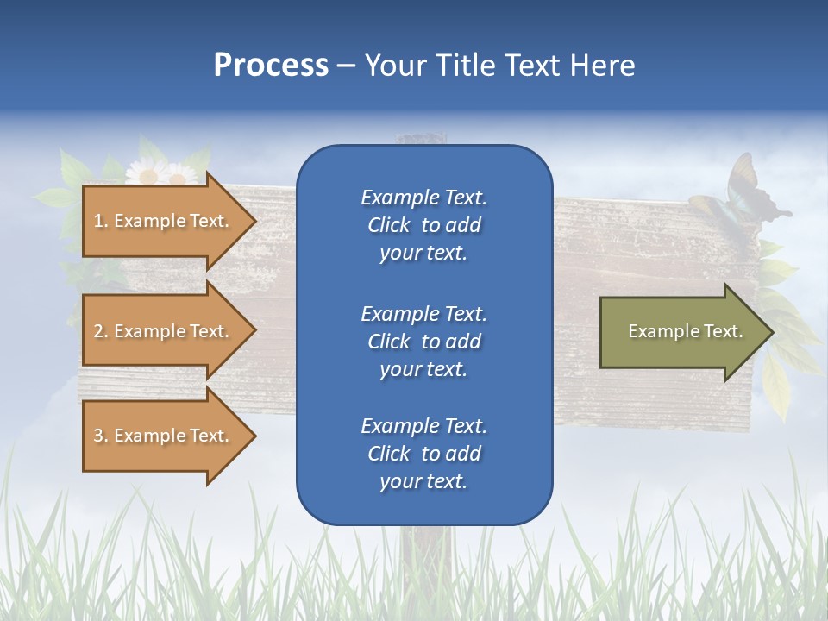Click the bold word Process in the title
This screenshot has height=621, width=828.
(x=271, y=66)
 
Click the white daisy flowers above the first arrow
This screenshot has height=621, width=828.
(x=160, y=173)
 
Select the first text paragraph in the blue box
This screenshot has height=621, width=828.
(x=423, y=225)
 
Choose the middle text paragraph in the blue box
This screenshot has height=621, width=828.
(x=423, y=342)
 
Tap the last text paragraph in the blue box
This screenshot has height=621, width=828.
(x=423, y=454)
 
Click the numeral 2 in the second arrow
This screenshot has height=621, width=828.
(x=98, y=331)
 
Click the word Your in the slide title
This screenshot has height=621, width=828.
(x=392, y=66)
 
